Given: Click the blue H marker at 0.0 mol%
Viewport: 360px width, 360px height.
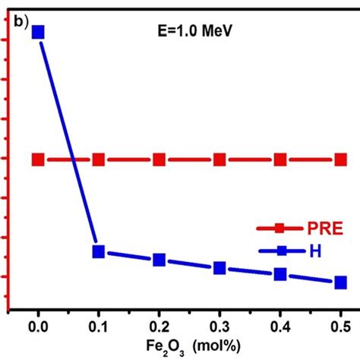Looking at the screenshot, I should pos(38,32).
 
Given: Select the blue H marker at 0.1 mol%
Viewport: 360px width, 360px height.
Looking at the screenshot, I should pos(99,251).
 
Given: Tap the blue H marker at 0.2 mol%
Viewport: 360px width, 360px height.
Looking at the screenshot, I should pos(159,260).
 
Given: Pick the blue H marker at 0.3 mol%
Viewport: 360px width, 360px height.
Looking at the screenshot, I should pos(219,268).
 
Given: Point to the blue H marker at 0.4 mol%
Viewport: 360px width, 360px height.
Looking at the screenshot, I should pos(280,274).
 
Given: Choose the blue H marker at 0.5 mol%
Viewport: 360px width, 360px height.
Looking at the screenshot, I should pos(340,282).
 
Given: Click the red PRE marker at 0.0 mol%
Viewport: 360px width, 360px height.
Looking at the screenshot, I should pos(38,159).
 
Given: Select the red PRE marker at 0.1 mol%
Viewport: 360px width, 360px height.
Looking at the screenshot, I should pos(99,159).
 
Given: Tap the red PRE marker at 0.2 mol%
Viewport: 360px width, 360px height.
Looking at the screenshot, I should pos(159,159).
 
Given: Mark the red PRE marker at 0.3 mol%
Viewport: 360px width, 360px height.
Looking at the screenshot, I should pos(219,159).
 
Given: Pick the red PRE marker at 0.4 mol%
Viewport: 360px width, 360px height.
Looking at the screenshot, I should pos(280,159).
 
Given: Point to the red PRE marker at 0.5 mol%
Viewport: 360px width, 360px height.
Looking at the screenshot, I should pos(340,159).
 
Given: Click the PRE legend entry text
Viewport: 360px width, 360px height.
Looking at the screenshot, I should pos(324,228).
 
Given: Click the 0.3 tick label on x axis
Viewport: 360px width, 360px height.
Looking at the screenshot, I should pos(219,325).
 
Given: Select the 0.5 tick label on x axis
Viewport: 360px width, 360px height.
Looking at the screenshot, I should pos(340,325).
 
